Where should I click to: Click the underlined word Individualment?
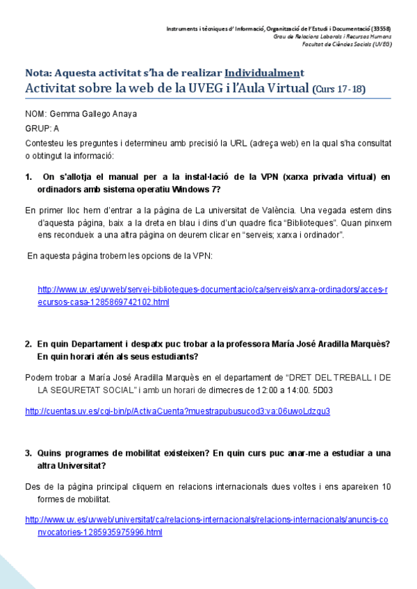point(264,73)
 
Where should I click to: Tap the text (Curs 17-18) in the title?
point(338,89)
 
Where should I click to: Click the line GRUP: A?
point(42,128)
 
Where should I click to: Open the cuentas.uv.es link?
point(177,410)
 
